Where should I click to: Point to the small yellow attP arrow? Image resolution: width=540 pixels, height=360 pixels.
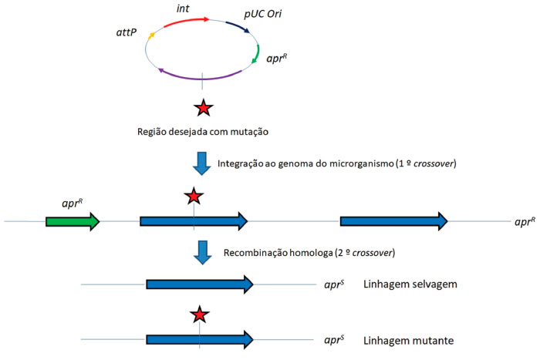pyautogui.click(x=152, y=35)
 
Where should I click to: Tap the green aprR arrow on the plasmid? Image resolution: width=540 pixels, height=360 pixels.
pyautogui.click(x=255, y=53)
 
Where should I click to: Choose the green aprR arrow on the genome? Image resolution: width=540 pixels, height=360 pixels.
pyautogui.click(x=73, y=222)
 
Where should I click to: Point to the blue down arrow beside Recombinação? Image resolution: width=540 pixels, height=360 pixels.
pyautogui.click(x=201, y=254)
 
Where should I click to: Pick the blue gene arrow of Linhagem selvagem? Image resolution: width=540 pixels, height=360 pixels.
pyautogui.click(x=200, y=284)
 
